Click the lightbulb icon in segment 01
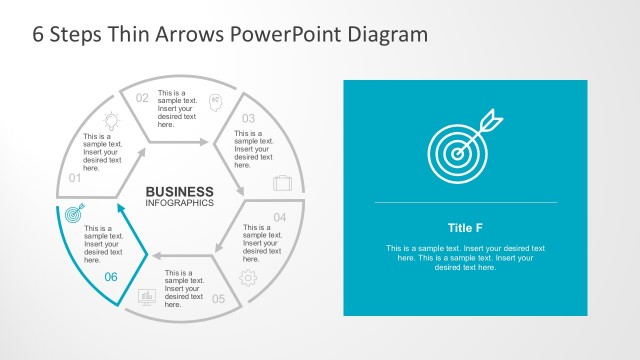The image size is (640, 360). click(112, 120)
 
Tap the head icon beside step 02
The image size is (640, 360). click(215, 100)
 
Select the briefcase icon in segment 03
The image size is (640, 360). click(283, 183)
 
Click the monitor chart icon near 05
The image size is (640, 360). click(147, 297)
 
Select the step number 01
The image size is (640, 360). click(74, 178)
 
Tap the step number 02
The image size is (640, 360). click(142, 98)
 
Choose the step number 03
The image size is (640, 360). click(249, 118)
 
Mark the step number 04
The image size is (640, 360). click(280, 217)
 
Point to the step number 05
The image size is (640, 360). click(218, 298)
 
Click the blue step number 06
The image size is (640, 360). click(111, 277)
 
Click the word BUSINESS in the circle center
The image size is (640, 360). click(179, 192)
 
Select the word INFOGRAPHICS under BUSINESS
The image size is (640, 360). click(179, 203)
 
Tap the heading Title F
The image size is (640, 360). click(465, 226)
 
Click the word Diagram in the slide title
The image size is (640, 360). click(385, 34)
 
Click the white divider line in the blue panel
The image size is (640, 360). click(465, 202)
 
